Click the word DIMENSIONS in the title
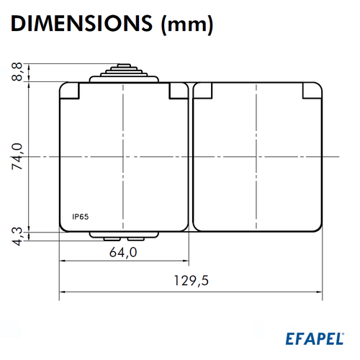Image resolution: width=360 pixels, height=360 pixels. pos(81,23)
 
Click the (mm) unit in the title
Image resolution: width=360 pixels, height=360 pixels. pos(187,24)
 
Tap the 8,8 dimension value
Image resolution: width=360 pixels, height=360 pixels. pos(17,72)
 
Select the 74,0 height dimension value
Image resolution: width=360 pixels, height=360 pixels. pos(17,156)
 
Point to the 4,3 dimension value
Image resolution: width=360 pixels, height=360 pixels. pos(17,236)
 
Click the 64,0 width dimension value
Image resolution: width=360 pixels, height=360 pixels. pos(123,253)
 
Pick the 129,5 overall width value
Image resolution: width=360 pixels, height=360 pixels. pos(191,281)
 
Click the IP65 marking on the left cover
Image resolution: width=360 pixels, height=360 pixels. pos(81,217)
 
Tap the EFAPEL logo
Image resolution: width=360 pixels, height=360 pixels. pos(315,338)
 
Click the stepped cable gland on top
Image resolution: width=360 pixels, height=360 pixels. pos(124,73)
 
